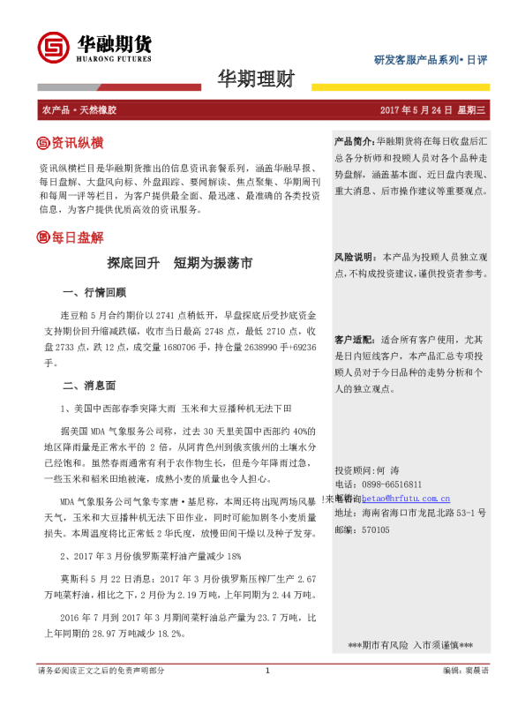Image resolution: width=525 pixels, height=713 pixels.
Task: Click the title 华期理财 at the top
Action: pos(255,80)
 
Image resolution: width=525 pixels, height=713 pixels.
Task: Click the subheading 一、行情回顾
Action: pos(95,292)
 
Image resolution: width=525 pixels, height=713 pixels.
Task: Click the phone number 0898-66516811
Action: pos(391,484)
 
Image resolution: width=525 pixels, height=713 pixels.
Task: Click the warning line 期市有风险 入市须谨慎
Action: pos(410,646)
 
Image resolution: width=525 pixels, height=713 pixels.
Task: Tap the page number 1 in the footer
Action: pos(266,695)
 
